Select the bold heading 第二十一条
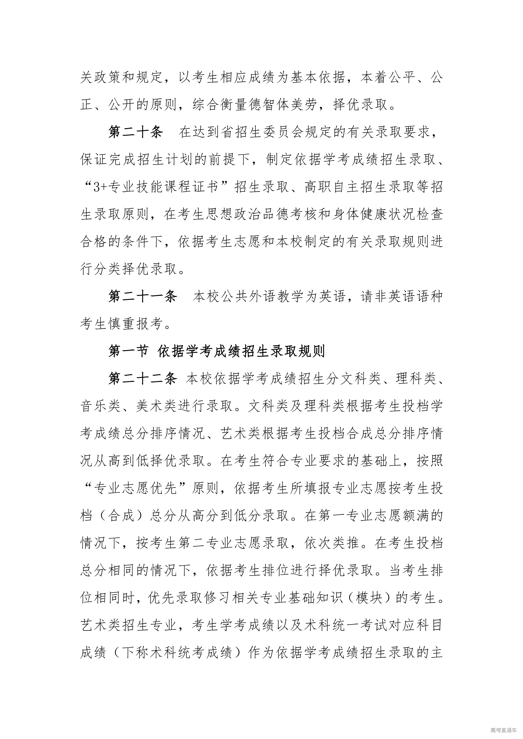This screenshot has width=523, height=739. [x=143, y=297]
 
